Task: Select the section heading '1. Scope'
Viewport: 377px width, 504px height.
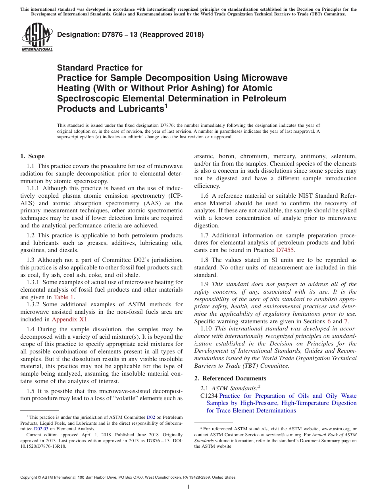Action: pyautogui.click(x=32, y=156)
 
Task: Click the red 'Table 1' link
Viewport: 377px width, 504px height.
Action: pyautogui.click(x=64, y=297)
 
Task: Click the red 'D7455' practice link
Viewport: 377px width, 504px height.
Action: pyautogui.click(x=286, y=250)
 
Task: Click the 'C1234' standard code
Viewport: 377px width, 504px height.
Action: pyautogui.click(x=209, y=396)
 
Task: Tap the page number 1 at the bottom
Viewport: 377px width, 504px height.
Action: pyautogui.click(x=188, y=487)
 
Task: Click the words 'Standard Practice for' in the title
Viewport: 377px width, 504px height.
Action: pyautogui.click(x=100, y=68)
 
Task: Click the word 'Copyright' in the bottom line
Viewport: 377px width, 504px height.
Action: pyautogui.click(x=31, y=477)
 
